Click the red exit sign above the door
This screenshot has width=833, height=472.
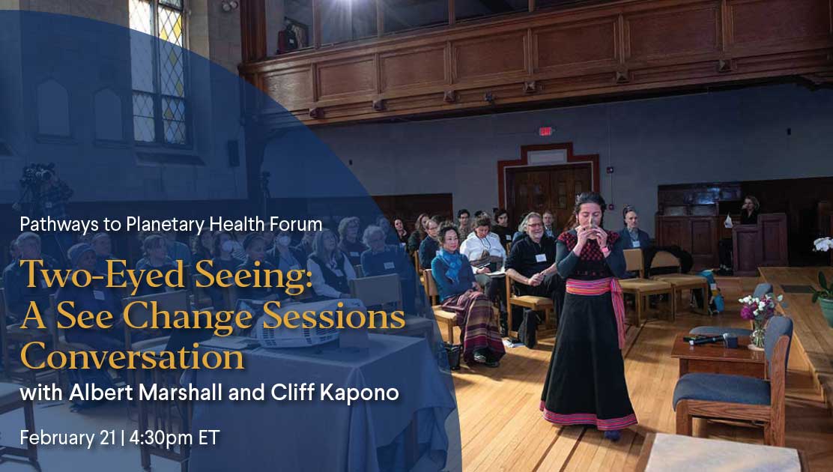[545, 131]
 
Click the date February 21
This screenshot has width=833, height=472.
[67, 438]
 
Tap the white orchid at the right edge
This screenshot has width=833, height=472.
[823, 244]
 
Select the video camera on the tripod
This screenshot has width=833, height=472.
[38, 175]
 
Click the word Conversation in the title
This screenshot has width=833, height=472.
[133, 357]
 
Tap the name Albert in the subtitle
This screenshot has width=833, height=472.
[101, 393]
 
